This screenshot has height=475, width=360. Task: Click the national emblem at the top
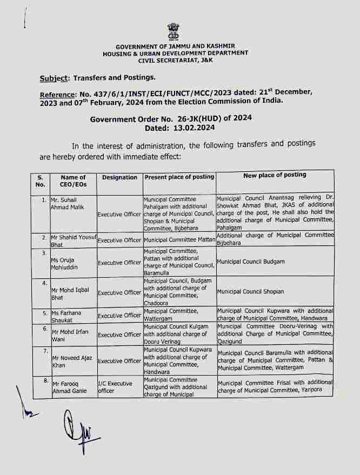[x=172, y=32]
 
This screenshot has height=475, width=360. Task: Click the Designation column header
[x=119, y=177]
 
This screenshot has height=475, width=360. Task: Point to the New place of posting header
[x=275, y=175]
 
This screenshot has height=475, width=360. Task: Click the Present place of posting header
[x=179, y=177]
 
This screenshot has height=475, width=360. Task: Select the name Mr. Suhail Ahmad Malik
[x=64, y=203]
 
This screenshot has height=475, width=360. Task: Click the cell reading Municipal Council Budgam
[x=250, y=262]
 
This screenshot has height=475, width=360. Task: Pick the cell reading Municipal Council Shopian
[x=250, y=292]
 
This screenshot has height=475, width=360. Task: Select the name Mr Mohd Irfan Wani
[x=68, y=334]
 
